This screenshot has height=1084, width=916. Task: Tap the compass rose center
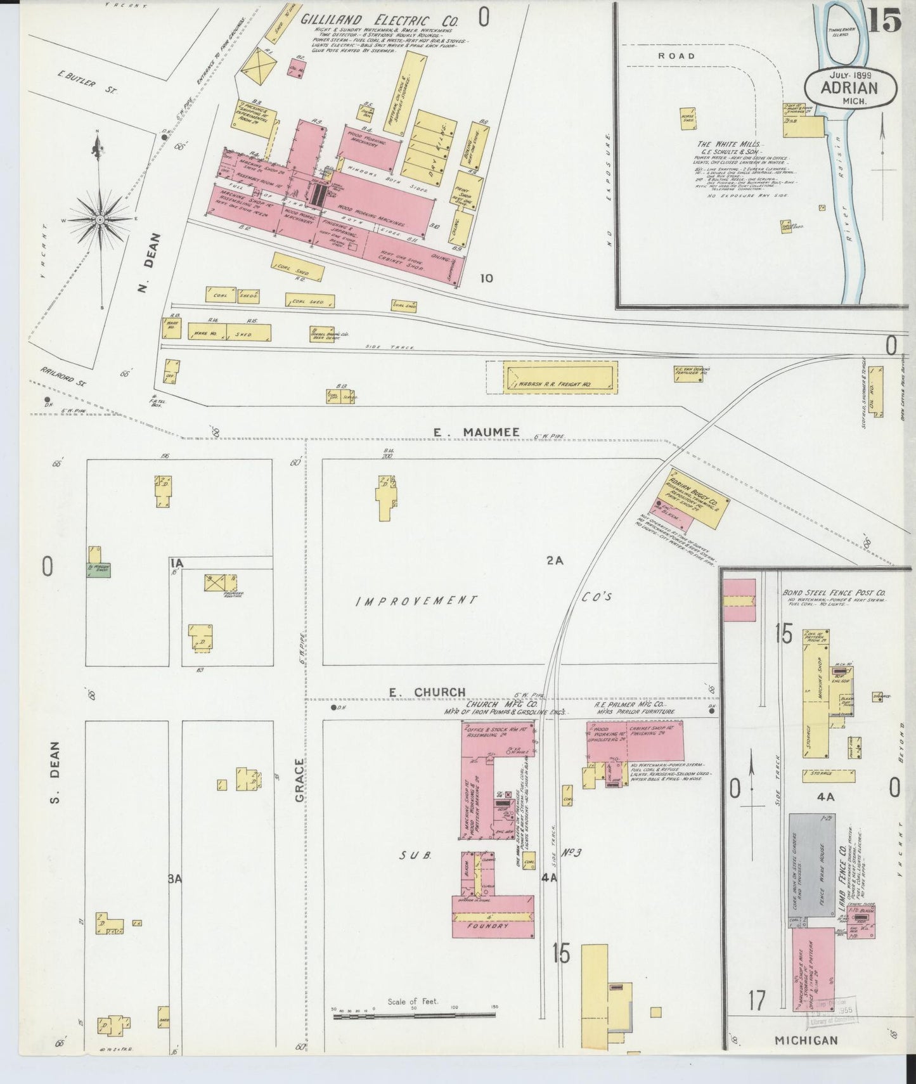(x=100, y=219)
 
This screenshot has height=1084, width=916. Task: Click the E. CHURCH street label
(x=427, y=692)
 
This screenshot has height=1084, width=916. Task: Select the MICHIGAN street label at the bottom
(x=806, y=1040)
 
